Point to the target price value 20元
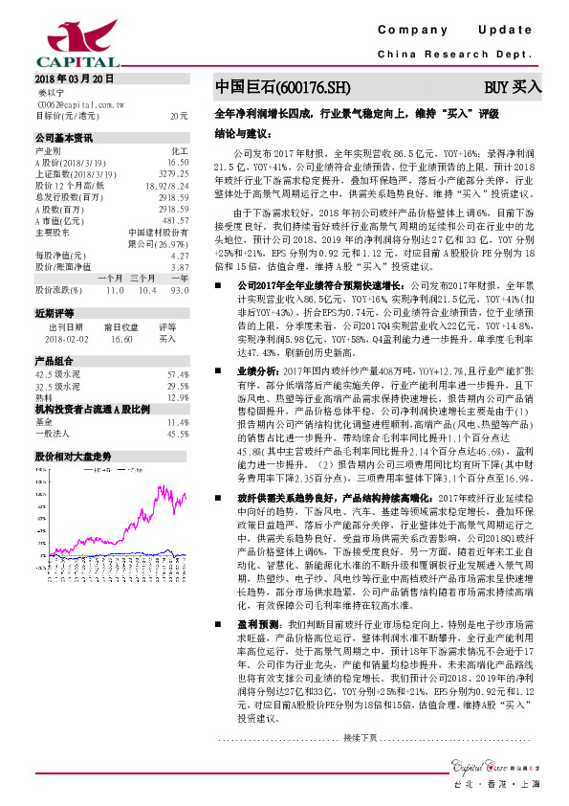click(179, 115)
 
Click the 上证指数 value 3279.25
click(173, 174)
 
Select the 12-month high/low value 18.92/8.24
click(167, 185)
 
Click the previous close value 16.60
click(120, 339)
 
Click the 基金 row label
click(45, 422)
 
